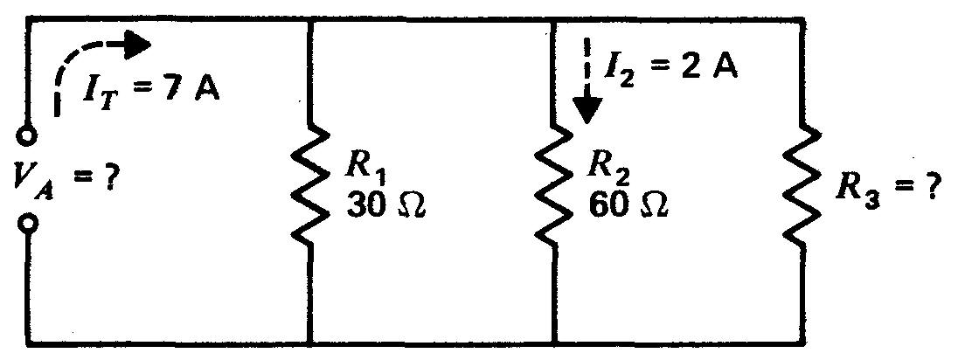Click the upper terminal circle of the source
coord(29,138)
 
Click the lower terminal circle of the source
coord(29,225)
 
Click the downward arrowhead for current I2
coord(590,110)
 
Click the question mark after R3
coord(927,189)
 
